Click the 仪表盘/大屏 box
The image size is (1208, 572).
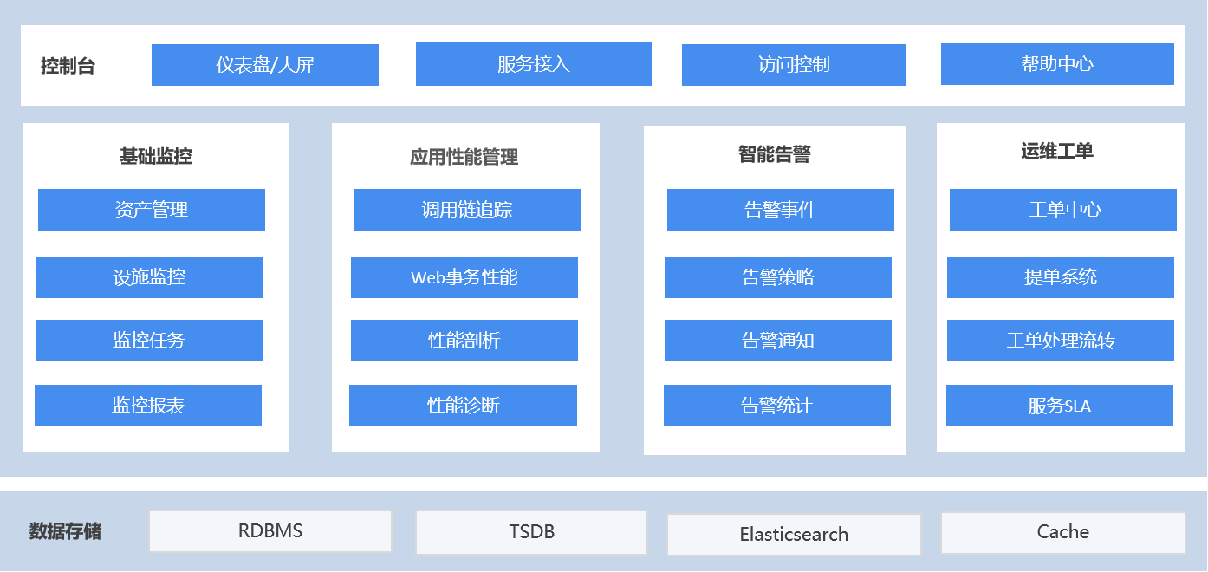[265, 65]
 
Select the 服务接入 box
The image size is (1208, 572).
[533, 63]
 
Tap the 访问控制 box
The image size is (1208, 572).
[793, 65]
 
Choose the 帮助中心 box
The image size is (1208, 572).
[1057, 64]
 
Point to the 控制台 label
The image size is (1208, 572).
[68, 66]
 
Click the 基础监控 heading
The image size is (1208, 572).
[156, 156]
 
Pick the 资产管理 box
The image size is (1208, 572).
[152, 210]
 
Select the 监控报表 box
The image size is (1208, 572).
[148, 406]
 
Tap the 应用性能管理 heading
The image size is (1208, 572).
[464, 157]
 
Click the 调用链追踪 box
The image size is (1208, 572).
[467, 210]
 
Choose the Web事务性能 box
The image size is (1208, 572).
[464, 277]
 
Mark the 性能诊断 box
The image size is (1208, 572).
[464, 406]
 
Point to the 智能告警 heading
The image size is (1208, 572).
[775, 154]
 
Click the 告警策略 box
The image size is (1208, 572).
[778, 277]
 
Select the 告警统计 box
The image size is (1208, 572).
[777, 406]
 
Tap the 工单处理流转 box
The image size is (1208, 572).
[1060, 341]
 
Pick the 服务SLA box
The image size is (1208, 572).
[1060, 406]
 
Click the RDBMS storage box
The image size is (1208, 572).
[270, 531]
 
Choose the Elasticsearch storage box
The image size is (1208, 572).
[794, 534]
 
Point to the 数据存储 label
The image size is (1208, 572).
[65, 531]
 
